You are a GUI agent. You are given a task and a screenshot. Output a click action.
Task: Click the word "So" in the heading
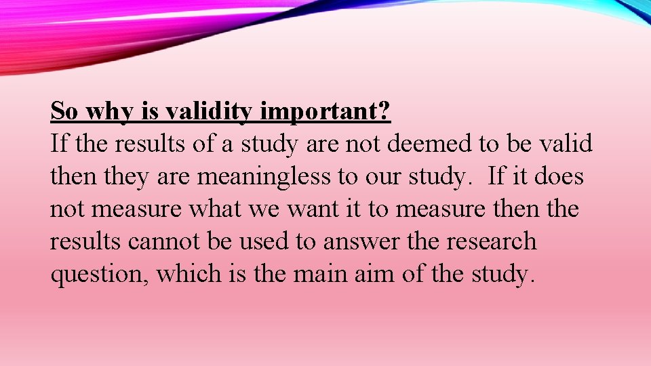point(63,110)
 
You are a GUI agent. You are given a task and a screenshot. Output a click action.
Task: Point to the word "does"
point(557,176)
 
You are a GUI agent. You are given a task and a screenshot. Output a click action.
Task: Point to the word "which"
point(178,274)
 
